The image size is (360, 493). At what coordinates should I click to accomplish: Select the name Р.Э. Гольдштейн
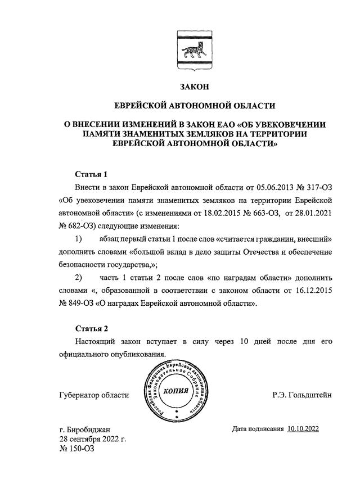[x=301, y=395]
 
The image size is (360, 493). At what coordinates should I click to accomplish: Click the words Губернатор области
[x=93, y=395]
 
